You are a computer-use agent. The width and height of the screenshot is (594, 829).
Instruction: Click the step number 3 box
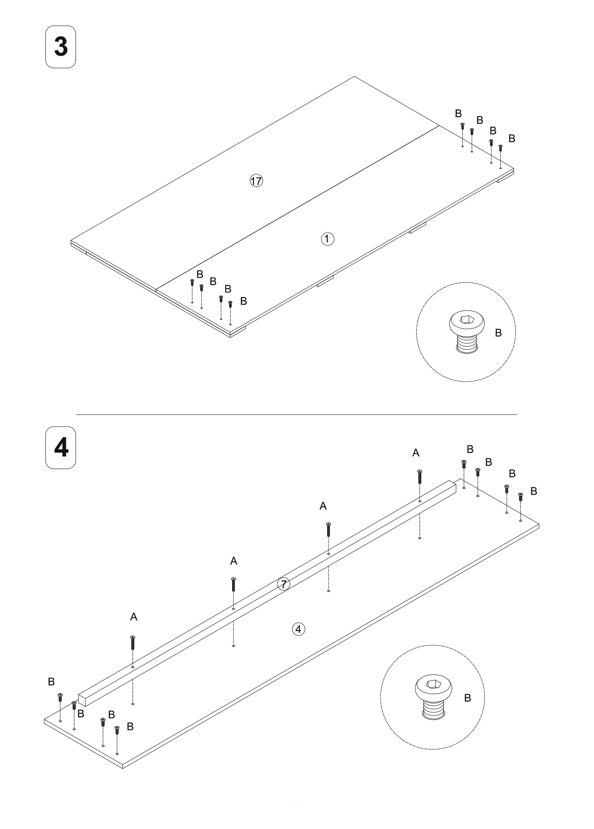[61, 47]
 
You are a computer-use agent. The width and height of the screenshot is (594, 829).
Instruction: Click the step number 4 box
[61, 448]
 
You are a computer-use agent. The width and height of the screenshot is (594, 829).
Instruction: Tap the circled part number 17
[256, 181]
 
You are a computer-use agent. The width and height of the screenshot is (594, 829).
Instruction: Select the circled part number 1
[328, 239]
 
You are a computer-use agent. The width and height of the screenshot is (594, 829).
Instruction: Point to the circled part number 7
[284, 584]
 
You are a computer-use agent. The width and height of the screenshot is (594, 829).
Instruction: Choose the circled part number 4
[298, 629]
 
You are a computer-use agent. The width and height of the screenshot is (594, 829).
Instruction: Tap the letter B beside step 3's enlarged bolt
[498, 333]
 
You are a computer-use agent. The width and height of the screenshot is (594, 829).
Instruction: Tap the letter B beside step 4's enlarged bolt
[467, 698]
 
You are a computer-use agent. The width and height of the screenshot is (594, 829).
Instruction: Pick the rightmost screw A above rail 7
[419, 477]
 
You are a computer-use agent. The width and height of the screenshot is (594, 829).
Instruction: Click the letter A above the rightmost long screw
[416, 453]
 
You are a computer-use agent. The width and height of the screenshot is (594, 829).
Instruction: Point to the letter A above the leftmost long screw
[133, 617]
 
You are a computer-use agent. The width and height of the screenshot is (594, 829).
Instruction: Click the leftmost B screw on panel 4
[60, 697]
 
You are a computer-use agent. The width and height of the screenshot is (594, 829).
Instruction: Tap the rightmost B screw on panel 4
[520, 497]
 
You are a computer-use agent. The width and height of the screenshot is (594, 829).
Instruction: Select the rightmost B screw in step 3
[500, 148]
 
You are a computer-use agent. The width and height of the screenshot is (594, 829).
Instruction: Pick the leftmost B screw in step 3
[192, 283]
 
